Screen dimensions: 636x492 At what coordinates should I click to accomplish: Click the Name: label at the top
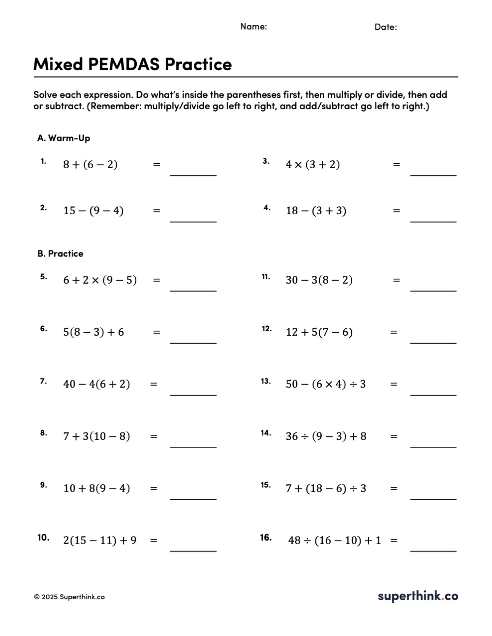pos(253,27)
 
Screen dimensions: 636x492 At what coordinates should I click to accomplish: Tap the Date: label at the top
pos(385,27)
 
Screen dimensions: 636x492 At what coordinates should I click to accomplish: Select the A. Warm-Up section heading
pos(63,138)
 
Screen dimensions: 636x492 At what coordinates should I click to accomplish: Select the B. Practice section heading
pos(60,254)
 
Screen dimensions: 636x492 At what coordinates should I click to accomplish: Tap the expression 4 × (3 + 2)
pos(312,165)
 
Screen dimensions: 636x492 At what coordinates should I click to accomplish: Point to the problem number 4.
pos(267,208)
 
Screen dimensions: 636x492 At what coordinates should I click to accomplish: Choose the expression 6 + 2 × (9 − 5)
pos(100,280)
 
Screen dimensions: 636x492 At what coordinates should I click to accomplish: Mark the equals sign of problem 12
pos(394,332)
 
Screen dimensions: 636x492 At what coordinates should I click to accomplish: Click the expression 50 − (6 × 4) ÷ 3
pos(326,384)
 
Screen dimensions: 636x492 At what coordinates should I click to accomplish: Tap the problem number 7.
pos(43,381)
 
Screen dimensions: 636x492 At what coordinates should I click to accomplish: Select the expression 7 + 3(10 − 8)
pos(96,436)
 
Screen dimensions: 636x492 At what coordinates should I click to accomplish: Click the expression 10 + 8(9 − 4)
pos(96,489)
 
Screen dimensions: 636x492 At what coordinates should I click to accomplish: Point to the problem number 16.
pos(266,537)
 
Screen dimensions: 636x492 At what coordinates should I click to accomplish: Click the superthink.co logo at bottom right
pos(418,596)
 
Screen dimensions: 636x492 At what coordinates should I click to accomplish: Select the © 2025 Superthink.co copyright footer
pos(69,597)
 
